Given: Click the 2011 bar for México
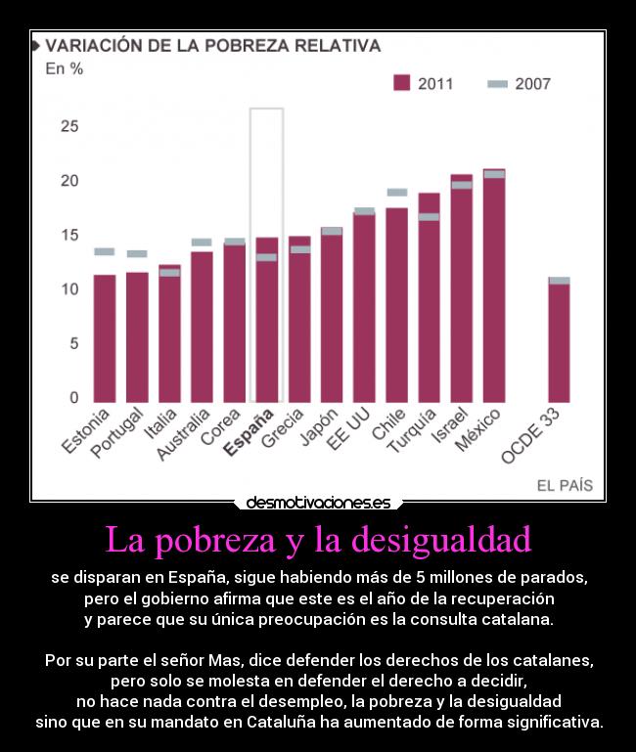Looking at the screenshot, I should (494, 288).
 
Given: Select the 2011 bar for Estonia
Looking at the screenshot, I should (105, 337).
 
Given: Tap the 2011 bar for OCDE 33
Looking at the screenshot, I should (559, 342).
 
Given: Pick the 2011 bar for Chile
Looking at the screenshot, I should (396, 304).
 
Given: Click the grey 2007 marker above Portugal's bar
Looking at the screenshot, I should (137, 253).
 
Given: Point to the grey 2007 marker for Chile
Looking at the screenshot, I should (396, 193).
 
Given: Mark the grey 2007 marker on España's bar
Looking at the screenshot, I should (266, 257).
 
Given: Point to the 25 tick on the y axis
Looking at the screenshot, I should (69, 127).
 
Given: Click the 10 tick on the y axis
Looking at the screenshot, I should (69, 289).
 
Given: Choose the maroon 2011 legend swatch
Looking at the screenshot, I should (401, 83).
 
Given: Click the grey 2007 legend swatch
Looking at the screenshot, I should (497, 84).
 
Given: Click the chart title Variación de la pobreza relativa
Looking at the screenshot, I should (213, 46).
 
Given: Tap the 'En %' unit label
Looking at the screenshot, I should (65, 69).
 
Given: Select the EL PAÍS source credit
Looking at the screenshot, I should (565, 485).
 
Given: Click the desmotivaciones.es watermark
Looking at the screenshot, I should (318, 503).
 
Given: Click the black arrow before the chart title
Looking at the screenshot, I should (36, 46).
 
